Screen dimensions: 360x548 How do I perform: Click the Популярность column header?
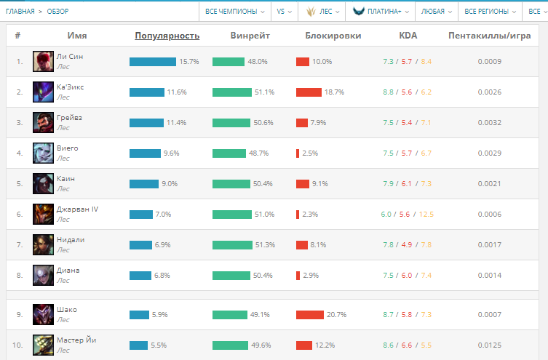tap(167, 35)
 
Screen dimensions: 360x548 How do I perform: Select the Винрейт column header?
tap(250, 35)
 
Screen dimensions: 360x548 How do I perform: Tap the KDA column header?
tap(408, 35)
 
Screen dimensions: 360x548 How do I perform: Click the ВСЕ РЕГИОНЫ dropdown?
tap(489, 11)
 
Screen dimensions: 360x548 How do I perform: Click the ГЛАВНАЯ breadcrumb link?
tap(20, 12)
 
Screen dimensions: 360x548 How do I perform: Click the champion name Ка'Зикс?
tap(70, 87)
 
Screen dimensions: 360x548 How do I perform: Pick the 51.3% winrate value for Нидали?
tap(265, 245)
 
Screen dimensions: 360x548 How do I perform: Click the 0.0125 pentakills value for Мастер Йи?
tap(489, 345)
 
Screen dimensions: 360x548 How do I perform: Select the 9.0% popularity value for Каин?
tap(170, 184)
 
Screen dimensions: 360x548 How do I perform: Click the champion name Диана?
tap(68, 270)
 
